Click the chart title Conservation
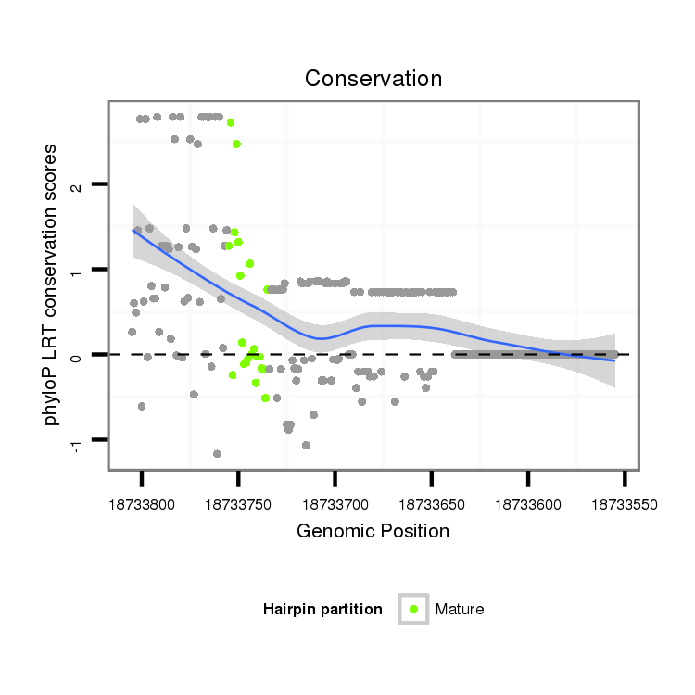pyautogui.click(x=373, y=79)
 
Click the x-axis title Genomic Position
pyautogui.click(x=373, y=531)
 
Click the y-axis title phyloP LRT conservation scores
pyautogui.click(x=53, y=284)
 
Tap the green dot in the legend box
pyautogui.click(x=413, y=609)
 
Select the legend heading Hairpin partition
pyautogui.click(x=322, y=609)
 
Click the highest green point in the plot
pyautogui.click(x=231, y=122)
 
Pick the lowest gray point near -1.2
pyautogui.click(x=217, y=454)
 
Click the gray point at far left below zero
pyautogui.click(x=141, y=406)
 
